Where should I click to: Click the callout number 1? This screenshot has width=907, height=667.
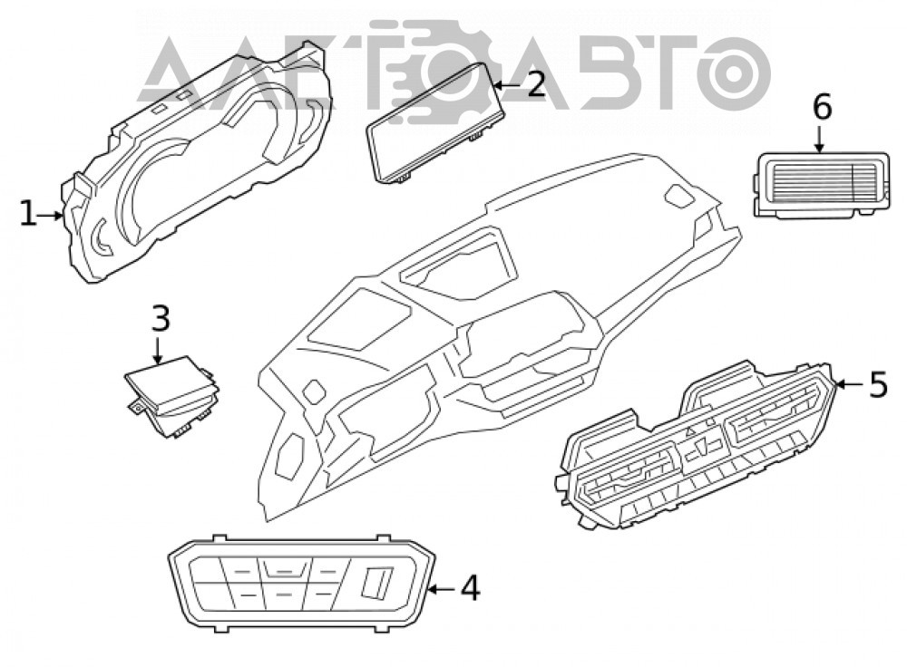(x=27, y=213)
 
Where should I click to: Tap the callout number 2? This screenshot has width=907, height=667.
(x=535, y=84)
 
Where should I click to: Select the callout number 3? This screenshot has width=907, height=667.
(x=161, y=318)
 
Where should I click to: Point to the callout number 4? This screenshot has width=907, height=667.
(x=470, y=588)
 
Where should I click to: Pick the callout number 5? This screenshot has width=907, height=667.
(x=878, y=384)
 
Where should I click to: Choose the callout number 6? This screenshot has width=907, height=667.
(x=822, y=108)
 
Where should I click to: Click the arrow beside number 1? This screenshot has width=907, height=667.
(x=50, y=216)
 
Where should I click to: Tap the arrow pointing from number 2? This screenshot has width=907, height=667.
(x=507, y=85)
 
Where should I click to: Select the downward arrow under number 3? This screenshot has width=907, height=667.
(x=157, y=350)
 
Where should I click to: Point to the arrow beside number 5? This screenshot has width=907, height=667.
(x=851, y=383)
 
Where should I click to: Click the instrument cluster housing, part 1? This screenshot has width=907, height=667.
(x=197, y=168)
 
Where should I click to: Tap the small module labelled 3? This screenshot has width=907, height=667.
(x=172, y=395)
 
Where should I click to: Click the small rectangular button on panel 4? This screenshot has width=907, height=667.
(x=376, y=582)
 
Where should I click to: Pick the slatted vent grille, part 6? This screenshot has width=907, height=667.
(x=822, y=185)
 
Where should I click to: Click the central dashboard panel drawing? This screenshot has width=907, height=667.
(x=497, y=335)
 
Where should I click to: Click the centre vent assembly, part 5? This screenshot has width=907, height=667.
(x=697, y=444)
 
